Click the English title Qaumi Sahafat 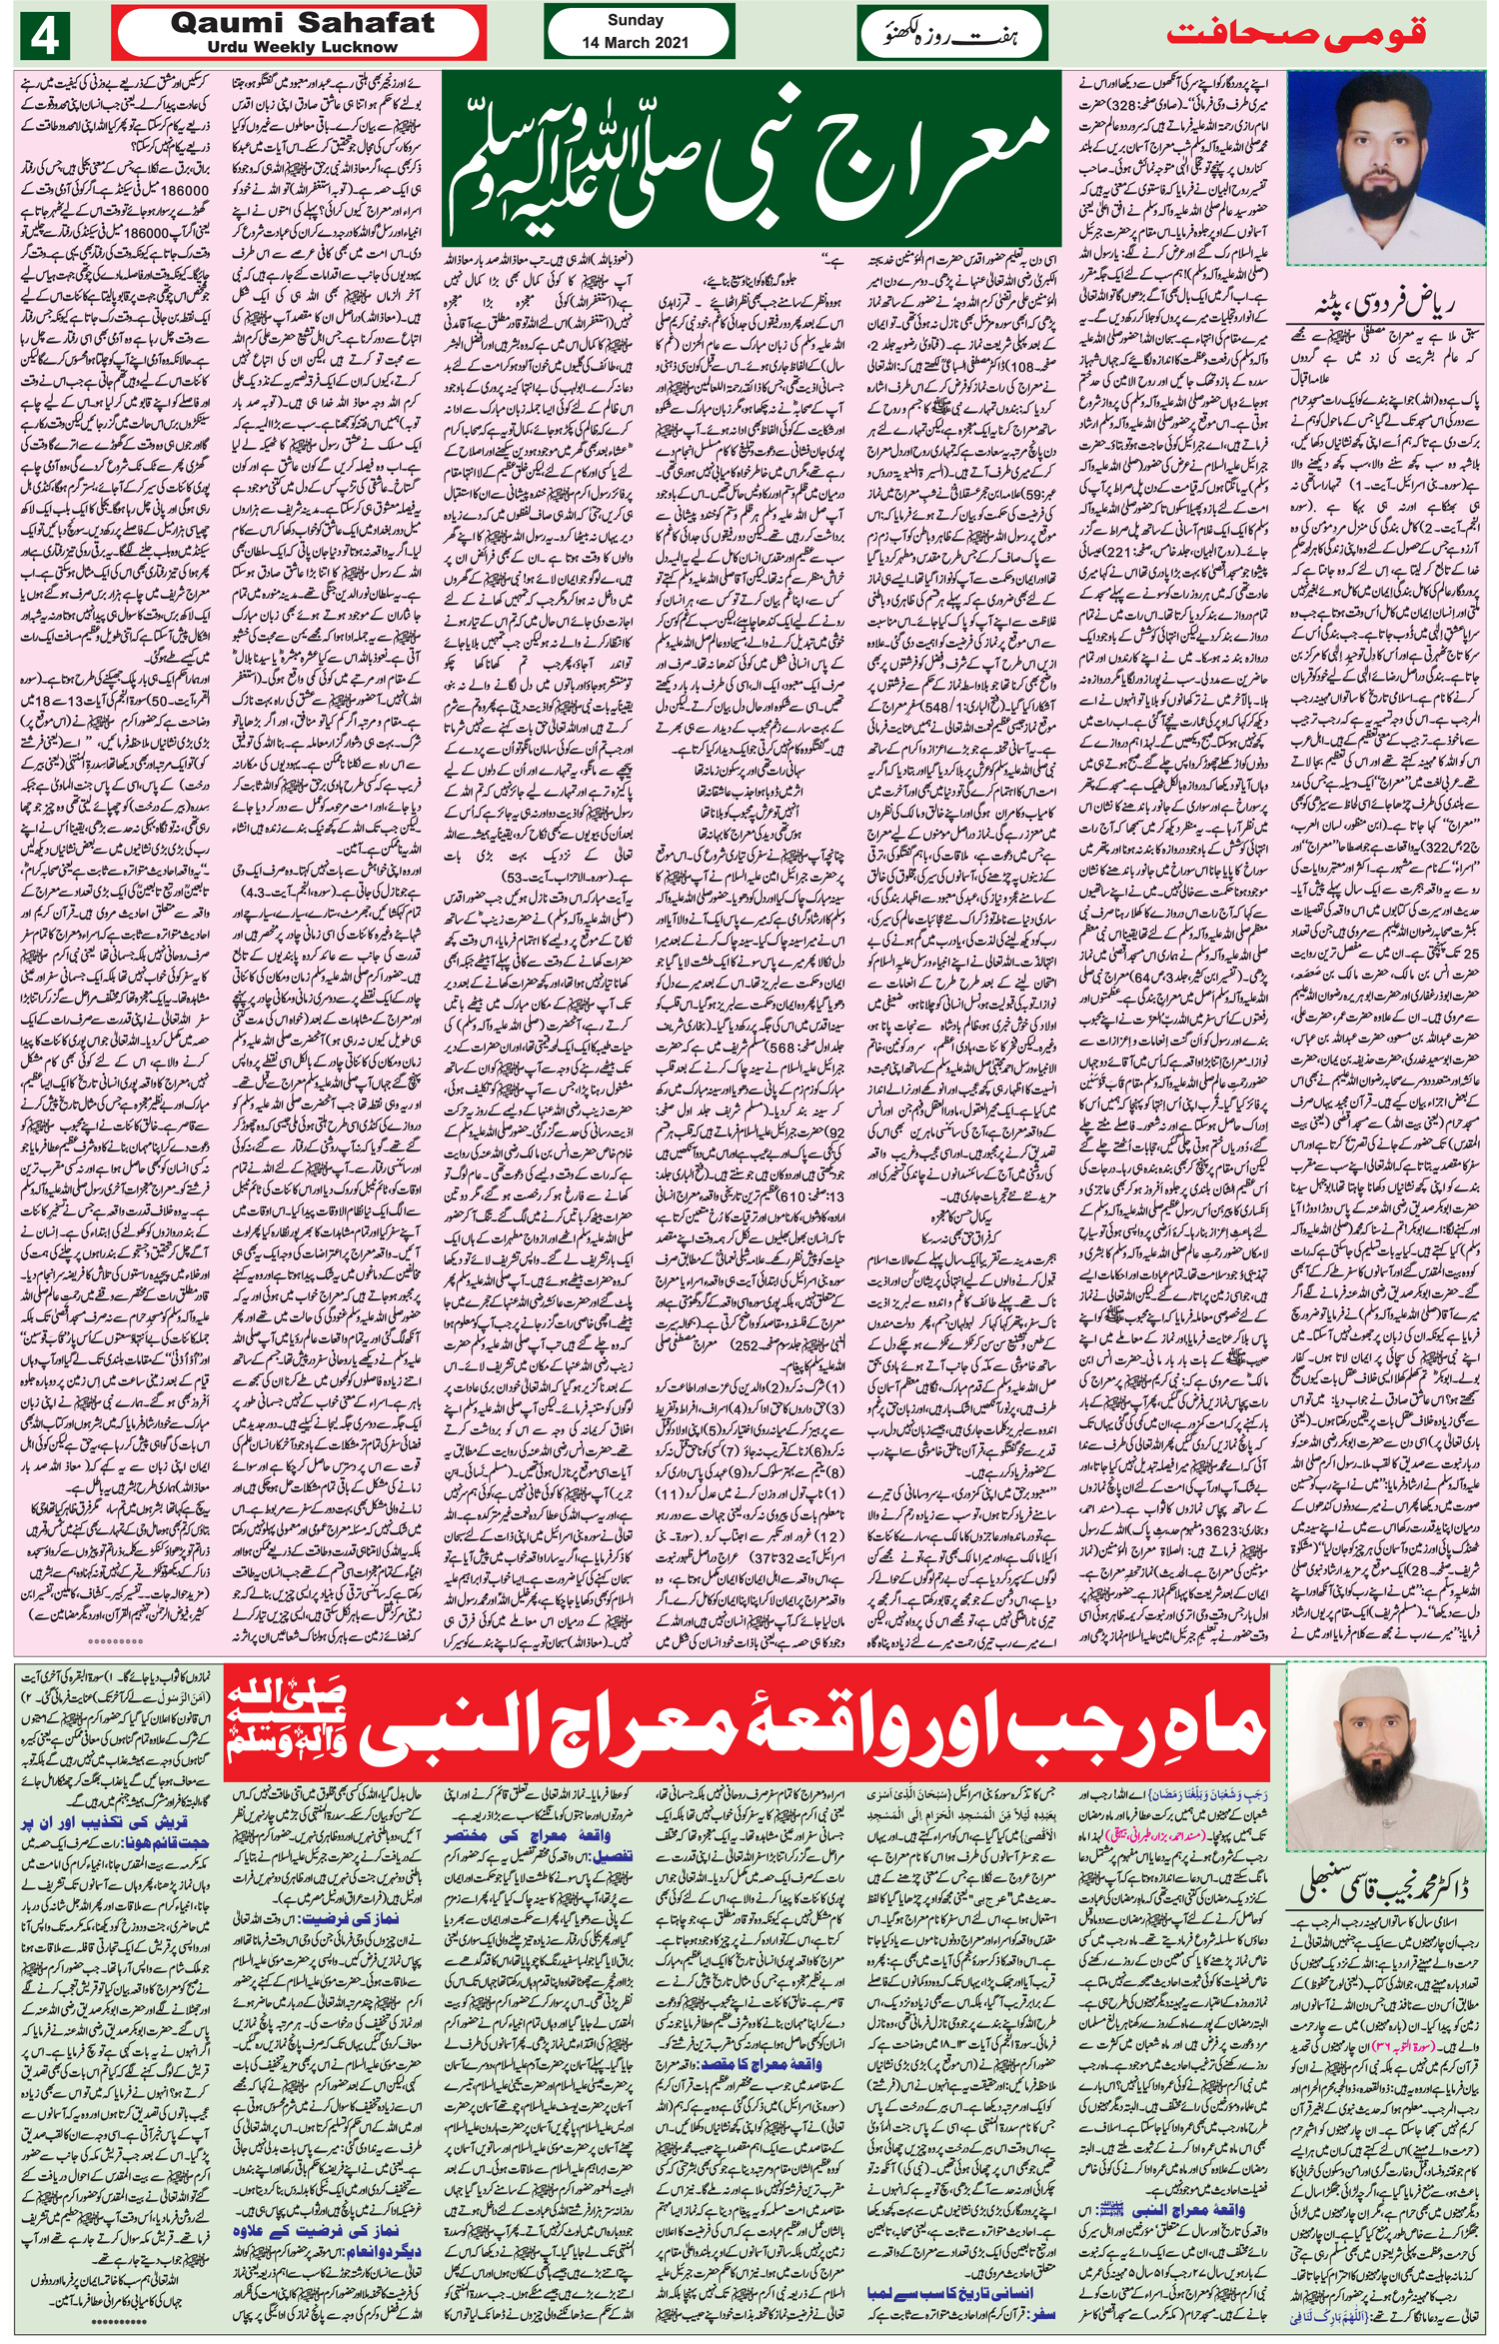[302, 24]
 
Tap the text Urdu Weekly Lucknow [302, 47]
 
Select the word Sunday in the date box [636, 21]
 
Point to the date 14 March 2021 [636, 44]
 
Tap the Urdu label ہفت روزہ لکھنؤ [949, 36]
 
